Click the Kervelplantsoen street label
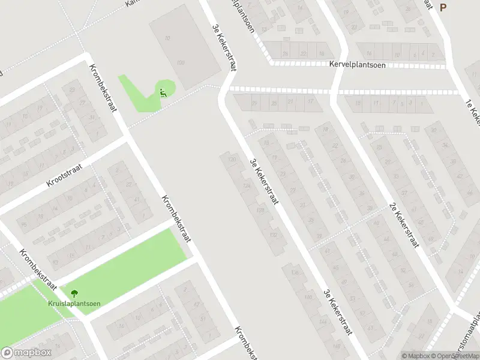[357, 65]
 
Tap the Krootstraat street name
[67, 175]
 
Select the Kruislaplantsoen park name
[74, 303]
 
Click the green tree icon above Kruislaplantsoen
[74, 293]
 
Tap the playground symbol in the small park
[163, 92]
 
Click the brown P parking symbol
[443, 7]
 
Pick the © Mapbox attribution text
[415, 356]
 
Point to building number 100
[181, 62]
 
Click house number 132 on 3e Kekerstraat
[274, 235]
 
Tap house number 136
[295, 273]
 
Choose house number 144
[323, 321]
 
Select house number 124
[246, 185]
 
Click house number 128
[260, 210]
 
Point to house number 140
[309, 297]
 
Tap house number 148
[336, 346]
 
